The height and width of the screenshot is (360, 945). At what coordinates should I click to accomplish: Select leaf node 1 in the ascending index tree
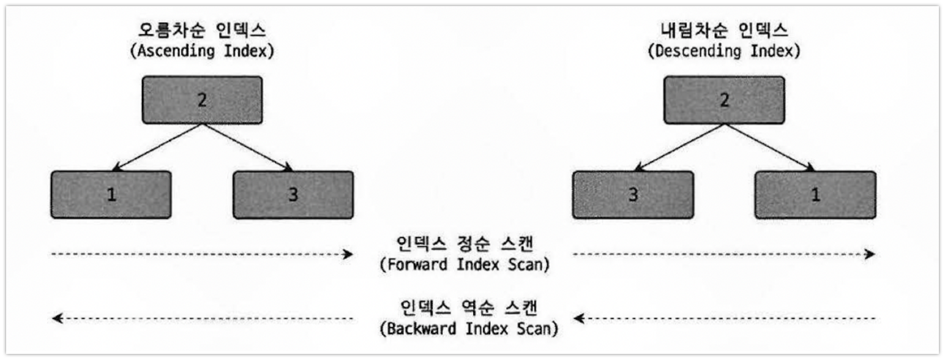click(x=110, y=195)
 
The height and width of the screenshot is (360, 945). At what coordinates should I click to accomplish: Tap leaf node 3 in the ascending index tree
click(x=293, y=195)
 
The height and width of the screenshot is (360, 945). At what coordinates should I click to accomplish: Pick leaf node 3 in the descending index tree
click(x=633, y=195)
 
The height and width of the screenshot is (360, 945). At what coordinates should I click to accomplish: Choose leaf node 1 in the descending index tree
click(x=815, y=195)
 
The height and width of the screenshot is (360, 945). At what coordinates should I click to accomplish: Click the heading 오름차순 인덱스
click(x=202, y=29)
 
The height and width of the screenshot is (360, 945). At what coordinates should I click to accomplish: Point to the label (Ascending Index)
click(x=202, y=51)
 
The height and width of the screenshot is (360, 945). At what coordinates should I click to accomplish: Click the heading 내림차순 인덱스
click(x=724, y=29)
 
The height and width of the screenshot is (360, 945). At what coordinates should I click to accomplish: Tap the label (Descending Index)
click(x=724, y=51)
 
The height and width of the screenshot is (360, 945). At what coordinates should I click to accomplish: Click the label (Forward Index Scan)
click(x=464, y=266)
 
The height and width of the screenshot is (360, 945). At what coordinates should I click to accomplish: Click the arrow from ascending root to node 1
click(x=157, y=146)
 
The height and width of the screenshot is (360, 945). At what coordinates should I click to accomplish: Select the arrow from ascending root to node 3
click(x=247, y=146)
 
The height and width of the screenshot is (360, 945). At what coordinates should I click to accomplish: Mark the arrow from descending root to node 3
click(x=679, y=146)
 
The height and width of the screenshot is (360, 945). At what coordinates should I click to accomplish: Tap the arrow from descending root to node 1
click(x=769, y=146)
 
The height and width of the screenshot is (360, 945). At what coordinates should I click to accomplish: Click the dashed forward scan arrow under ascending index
click(x=202, y=254)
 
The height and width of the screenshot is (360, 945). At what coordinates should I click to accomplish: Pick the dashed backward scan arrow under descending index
click(x=724, y=318)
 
